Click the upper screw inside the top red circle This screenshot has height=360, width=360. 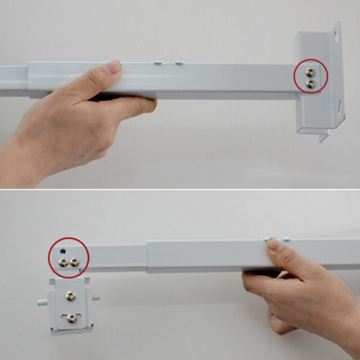click(310, 72)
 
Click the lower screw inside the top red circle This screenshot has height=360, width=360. click(310, 83)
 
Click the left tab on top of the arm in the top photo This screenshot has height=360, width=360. click(158, 63)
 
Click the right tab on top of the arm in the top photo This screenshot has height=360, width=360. click(179, 63)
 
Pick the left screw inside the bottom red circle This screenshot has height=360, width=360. click(63, 262)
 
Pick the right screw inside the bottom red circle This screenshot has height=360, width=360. click(74, 261)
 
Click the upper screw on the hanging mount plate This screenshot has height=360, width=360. click(70, 295)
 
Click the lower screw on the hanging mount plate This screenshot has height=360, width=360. click(71, 318)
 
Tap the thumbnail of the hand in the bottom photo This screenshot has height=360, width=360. click(274, 245)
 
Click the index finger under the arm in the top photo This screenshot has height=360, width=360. click(135, 105)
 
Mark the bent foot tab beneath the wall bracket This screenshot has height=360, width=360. click(323, 135)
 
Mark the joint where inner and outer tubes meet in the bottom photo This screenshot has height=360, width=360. click(147, 256)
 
